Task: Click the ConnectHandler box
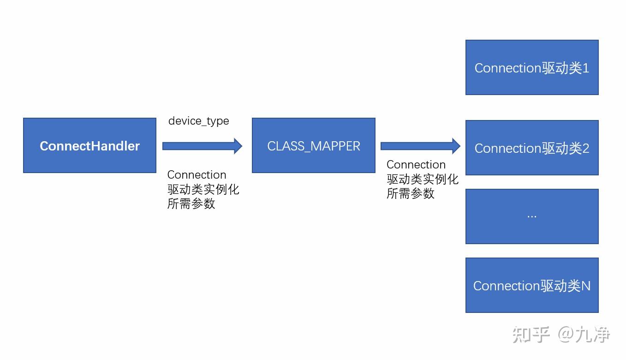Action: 89,145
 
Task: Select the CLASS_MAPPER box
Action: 313,145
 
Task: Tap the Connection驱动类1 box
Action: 531,67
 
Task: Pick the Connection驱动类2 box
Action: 531,148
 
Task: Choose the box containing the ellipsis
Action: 531,216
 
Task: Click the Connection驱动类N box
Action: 531,285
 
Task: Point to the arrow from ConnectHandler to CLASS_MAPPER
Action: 202,146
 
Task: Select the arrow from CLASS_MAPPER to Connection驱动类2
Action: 420,146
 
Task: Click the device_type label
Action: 198,121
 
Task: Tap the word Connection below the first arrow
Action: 197,175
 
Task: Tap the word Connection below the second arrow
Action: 416,165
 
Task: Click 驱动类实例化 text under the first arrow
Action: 203,189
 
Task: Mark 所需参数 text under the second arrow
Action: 410,193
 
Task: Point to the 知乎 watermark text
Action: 531,335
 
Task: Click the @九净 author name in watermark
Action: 584,335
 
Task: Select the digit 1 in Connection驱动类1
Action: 586,68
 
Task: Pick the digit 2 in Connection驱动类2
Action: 586,149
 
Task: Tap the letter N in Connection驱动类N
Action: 585,286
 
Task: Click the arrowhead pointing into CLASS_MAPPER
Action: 238,146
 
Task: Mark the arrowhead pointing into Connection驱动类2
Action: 456,146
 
